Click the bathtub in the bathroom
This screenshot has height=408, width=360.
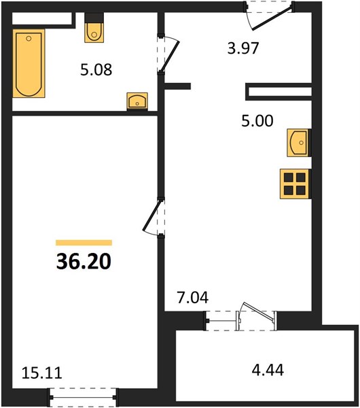29,63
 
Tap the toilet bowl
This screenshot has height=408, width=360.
94,33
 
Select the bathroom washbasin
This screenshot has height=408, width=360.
137,101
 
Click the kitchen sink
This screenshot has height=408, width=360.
299,143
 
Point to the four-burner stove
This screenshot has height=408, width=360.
295,184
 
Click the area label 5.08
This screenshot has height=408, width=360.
96,70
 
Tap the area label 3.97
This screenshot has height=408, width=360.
243,48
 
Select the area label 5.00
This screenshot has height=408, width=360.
257,121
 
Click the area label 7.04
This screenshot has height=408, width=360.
193,298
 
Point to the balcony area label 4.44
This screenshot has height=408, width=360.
268,370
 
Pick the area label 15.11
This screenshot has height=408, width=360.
42,373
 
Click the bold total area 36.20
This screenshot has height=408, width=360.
84,261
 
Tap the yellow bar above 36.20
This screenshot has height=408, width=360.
84,243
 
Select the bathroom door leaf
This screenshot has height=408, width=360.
170,56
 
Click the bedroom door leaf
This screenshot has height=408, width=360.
151,215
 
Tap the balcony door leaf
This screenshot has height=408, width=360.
258,311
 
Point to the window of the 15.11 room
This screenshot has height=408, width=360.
84,397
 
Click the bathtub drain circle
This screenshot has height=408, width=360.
29,39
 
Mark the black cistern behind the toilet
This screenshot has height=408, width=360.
94,18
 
